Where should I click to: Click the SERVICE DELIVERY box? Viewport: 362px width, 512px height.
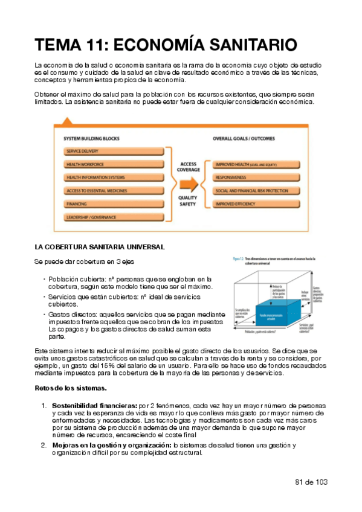pos(113,151)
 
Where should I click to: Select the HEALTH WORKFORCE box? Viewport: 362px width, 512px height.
pos(113,164)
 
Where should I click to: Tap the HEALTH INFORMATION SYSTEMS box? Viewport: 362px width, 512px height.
pos(113,177)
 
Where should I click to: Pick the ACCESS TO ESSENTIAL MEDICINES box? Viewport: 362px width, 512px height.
pos(113,190)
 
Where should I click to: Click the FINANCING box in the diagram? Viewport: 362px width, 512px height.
pos(113,203)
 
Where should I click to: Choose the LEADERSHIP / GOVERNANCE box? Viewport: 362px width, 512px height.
pos(113,217)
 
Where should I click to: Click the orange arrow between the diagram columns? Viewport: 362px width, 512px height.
pos(189,184)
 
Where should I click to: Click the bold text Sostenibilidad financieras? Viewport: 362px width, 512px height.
pos(94,405)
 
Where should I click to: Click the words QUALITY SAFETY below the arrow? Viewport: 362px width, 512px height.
pos(189,201)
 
